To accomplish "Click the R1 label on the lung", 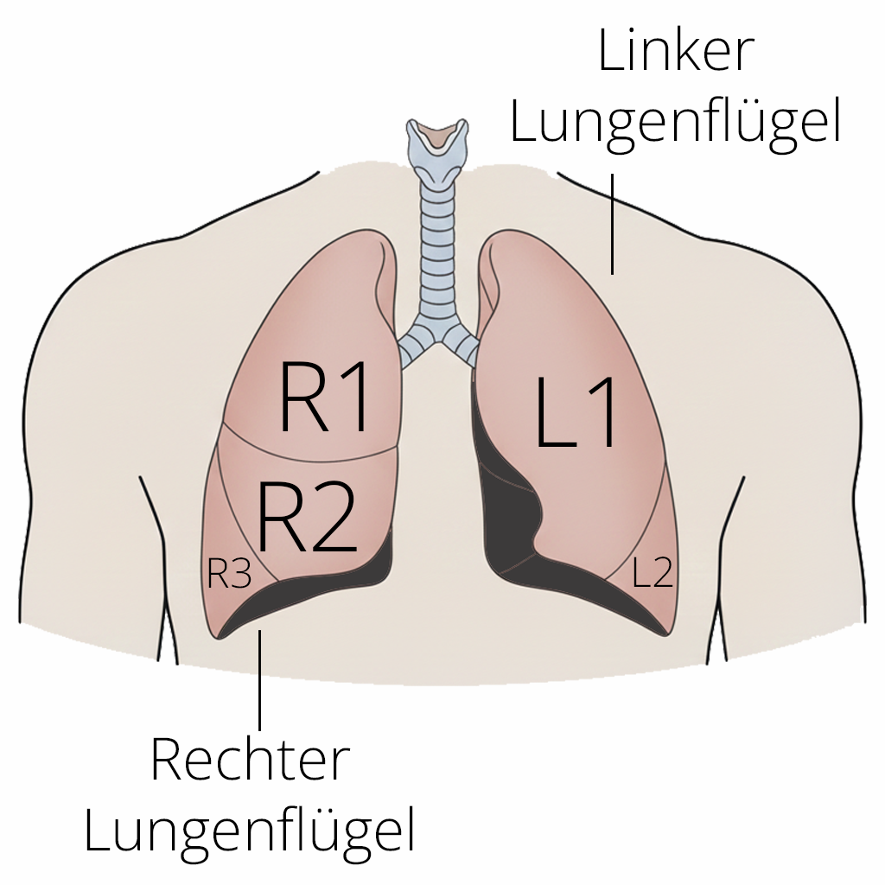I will pos(325,397).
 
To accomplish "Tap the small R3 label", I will pos(229,573).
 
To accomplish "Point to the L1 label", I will pos(577,414).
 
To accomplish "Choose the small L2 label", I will pos(653,573).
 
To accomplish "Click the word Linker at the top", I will pos(676,54).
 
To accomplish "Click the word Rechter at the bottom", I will pos(250,760).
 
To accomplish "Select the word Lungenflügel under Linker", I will pos(676,122).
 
